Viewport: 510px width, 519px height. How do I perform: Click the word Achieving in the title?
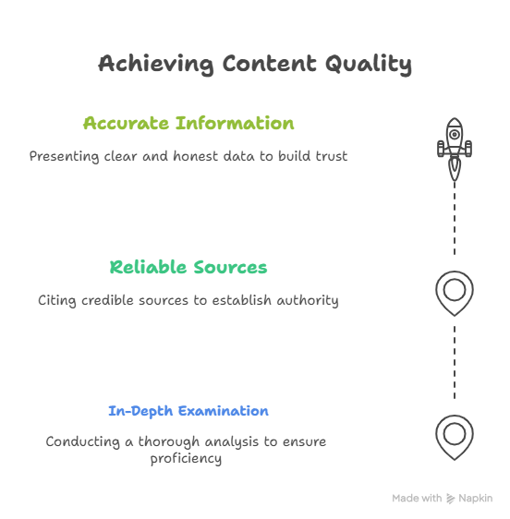pos(155,65)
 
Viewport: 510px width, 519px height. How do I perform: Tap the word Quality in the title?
pos(369,65)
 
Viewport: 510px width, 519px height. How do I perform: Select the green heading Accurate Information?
pos(188,123)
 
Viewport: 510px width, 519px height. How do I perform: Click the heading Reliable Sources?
pos(188,267)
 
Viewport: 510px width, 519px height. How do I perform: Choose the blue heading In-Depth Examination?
pos(188,411)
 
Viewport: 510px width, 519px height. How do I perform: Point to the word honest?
pos(195,156)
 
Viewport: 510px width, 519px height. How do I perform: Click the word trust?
pos(331,156)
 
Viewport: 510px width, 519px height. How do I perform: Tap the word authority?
pos(308,300)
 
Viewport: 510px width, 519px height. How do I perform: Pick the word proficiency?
pos(186,459)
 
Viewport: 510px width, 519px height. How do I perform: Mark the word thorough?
pos(169,441)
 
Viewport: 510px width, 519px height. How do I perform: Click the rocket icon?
pos(455,149)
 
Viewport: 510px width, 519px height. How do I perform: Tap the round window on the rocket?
pos(455,135)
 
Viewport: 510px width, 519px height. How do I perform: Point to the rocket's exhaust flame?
pos(455,170)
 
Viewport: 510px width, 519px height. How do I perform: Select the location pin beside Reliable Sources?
pos(455,294)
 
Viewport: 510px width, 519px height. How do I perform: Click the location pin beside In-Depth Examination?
pos(455,437)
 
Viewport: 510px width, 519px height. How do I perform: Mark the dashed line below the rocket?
pos(455,218)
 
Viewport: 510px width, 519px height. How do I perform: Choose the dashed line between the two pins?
pos(455,362)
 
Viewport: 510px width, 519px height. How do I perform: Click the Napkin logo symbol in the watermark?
pos(450,499)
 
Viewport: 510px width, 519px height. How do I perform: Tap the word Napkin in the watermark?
pos(475,499)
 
